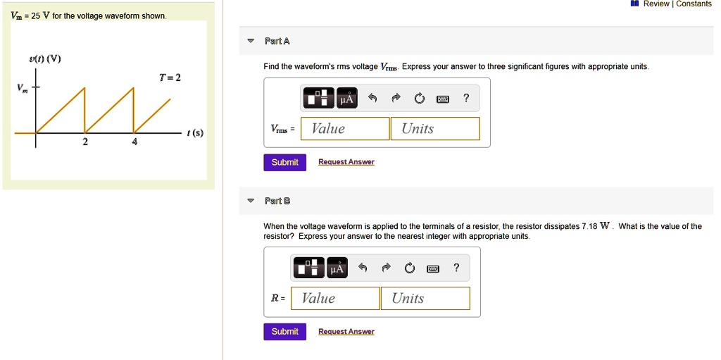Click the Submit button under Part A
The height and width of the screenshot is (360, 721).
coord(284,163)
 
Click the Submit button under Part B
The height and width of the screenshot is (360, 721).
coord(284,332)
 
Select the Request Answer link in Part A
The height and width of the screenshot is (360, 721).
coord(346,162)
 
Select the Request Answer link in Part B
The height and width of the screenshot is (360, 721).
coord(346,331)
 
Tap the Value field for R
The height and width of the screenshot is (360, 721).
coord(335,299)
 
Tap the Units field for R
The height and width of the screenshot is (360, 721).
coord(425,299)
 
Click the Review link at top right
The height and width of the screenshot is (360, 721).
coord(656,4)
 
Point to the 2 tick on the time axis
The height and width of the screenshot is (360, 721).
coord(85,142)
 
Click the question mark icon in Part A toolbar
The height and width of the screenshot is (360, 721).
coord(465,99)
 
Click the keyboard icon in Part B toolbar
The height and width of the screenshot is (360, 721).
coord(433,268)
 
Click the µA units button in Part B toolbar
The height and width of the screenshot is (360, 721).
coord(337,268)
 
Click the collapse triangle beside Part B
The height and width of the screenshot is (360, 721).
coord(251,201)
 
